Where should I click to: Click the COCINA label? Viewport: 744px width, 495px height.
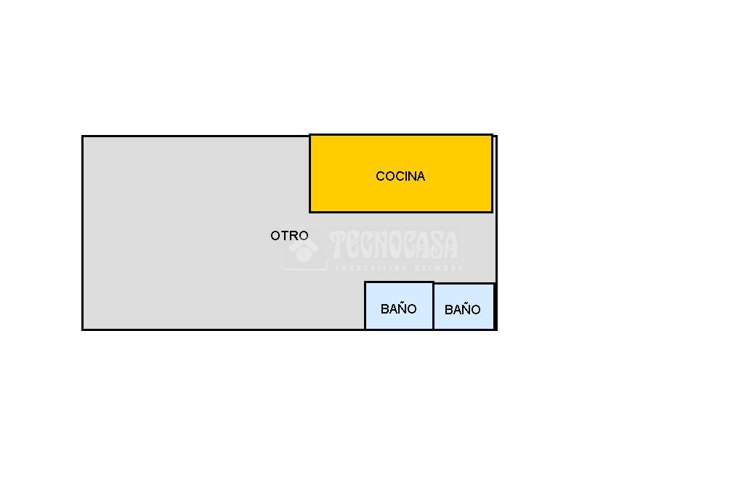(x=400, y=176)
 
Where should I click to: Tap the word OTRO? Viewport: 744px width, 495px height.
(x=289, y=236)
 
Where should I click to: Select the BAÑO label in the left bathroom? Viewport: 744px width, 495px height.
(x=398, y=308)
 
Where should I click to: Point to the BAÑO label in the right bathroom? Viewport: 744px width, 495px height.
(x=462, y=310)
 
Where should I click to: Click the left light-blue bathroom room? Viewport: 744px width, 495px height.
(x=399, y=294)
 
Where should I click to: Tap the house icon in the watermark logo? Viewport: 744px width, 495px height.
(x=304, y=249)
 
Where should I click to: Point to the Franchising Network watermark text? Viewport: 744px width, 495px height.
(x=398, y=268)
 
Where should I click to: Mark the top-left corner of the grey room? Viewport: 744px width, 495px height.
(x=83, y=136)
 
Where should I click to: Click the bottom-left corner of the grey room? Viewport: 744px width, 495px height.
(x=83, y=330)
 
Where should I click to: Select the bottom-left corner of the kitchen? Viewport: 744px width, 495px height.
(x=310, y=212)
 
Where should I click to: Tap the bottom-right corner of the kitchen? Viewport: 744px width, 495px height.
(x=492, y=212)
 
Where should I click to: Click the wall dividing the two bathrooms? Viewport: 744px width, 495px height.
(x=434, y=306)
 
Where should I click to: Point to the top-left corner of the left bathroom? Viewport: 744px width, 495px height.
(x=365, y=282)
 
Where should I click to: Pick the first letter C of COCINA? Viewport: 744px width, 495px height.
(x=380, y=176)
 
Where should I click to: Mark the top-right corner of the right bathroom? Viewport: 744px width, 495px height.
(x=494, y=284)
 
